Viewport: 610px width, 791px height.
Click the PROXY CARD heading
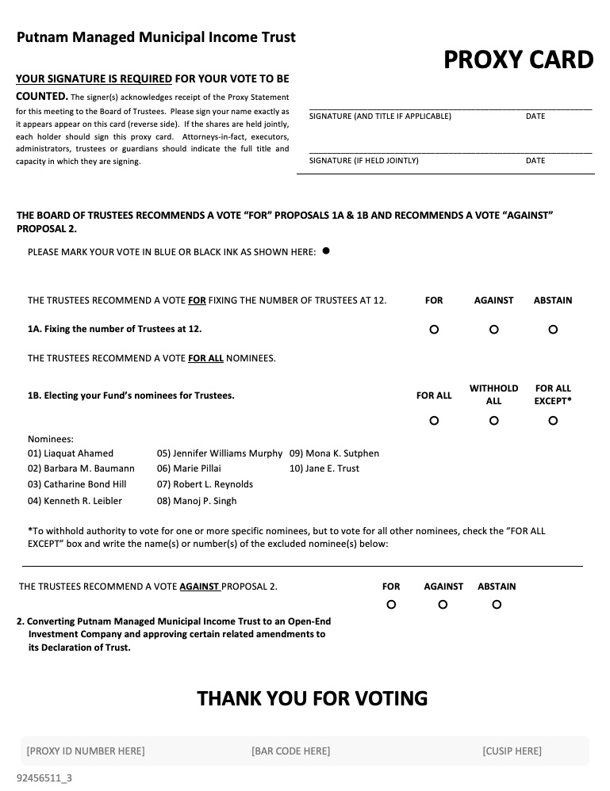(x=518, y=60)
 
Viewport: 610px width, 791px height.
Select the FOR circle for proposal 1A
(x=434, y=330)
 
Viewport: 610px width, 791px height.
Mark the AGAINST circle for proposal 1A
(x=493, y=330)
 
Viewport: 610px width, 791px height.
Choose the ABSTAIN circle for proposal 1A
(x=553, y=330)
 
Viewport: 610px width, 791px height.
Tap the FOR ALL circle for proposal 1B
(x=434, y=421)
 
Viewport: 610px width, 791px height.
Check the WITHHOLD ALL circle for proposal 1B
(x=493, y=421)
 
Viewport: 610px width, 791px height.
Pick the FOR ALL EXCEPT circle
(x=553, y=421)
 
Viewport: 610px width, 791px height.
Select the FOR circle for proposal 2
(x=391, y=605)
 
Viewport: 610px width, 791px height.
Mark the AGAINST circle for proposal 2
(x=443, y=605)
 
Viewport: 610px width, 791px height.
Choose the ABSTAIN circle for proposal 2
(x=497, y=605)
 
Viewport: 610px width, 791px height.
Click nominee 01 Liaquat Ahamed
(x=71, y=453)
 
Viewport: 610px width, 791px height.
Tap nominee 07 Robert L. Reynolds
(x=205, y=484)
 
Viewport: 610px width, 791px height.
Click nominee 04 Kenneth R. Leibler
(x=75, y=501)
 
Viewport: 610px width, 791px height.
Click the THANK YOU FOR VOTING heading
(x=312, y=698)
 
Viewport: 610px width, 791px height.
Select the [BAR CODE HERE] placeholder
(x=290, y=751)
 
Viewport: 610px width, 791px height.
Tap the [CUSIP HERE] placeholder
(x=512, y=751)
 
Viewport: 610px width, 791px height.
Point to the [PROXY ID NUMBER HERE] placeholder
(x=86, y=751)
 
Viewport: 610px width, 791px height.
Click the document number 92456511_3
(x=44, y=778)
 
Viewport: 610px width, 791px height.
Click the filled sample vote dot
(x=326, y=251)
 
